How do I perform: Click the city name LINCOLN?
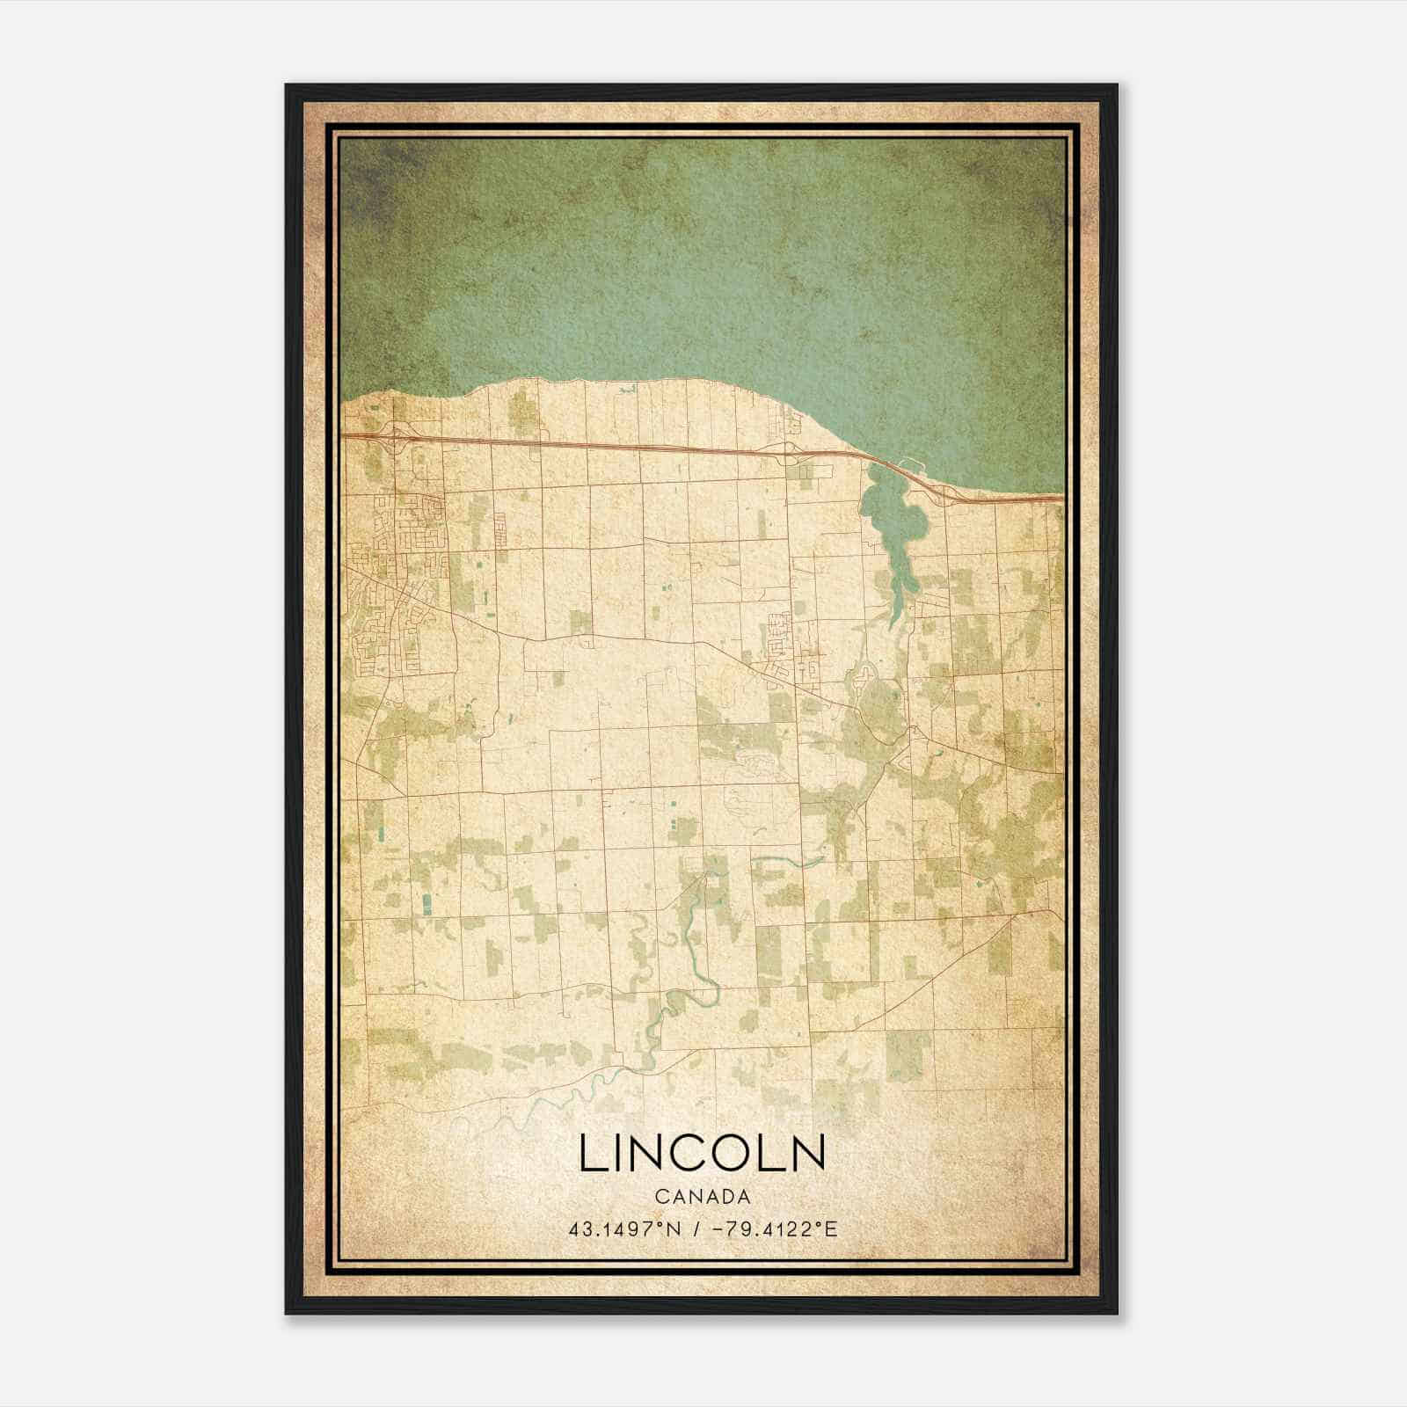click(x=702, y=1153)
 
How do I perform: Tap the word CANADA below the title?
click(x=702, y=1197)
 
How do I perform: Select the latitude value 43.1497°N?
click(x=626, y=1228)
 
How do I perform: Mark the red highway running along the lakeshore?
click(x=616, y=446)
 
